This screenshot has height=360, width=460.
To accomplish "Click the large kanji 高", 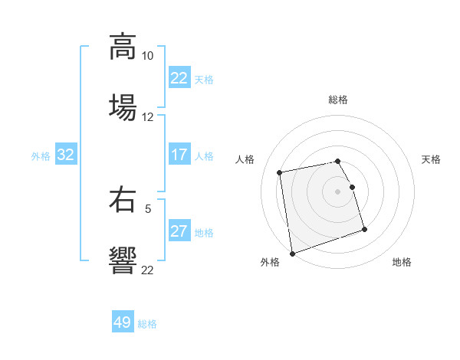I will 122,46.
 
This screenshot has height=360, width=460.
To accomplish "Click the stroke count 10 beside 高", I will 147,56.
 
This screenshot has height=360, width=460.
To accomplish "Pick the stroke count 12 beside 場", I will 147,117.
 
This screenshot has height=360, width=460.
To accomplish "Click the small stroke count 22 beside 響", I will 147,270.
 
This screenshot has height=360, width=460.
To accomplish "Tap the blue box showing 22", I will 179,77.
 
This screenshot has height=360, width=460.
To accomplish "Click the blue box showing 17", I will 179,155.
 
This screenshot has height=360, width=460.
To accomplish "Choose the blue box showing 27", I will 179,231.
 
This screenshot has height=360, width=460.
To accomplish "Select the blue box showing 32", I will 66,155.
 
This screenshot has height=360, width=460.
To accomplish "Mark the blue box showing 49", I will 123,322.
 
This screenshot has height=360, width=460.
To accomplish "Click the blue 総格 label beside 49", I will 147,324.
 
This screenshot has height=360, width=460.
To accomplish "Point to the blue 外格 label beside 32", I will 41,155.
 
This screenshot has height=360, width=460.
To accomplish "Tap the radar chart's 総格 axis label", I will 338,100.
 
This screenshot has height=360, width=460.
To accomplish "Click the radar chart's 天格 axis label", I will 431,159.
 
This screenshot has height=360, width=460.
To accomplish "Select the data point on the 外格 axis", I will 292,253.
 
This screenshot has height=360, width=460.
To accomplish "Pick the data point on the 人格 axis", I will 280,172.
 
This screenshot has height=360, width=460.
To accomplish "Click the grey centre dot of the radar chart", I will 338,191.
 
